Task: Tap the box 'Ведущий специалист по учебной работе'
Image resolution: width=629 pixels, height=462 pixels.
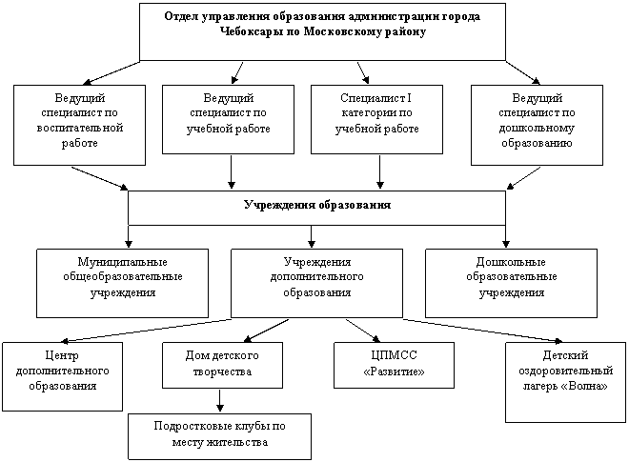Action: [226, 119]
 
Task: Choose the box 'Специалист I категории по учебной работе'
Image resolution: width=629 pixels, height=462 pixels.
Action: [376, 119]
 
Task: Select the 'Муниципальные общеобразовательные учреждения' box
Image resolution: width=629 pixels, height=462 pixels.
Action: [122, 282]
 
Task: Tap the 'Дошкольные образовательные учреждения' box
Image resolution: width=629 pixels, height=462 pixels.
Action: [510, 282]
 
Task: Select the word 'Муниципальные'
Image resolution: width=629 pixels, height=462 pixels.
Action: [122, 261]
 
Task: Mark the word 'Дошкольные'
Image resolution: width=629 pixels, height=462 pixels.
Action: [510, 261]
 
